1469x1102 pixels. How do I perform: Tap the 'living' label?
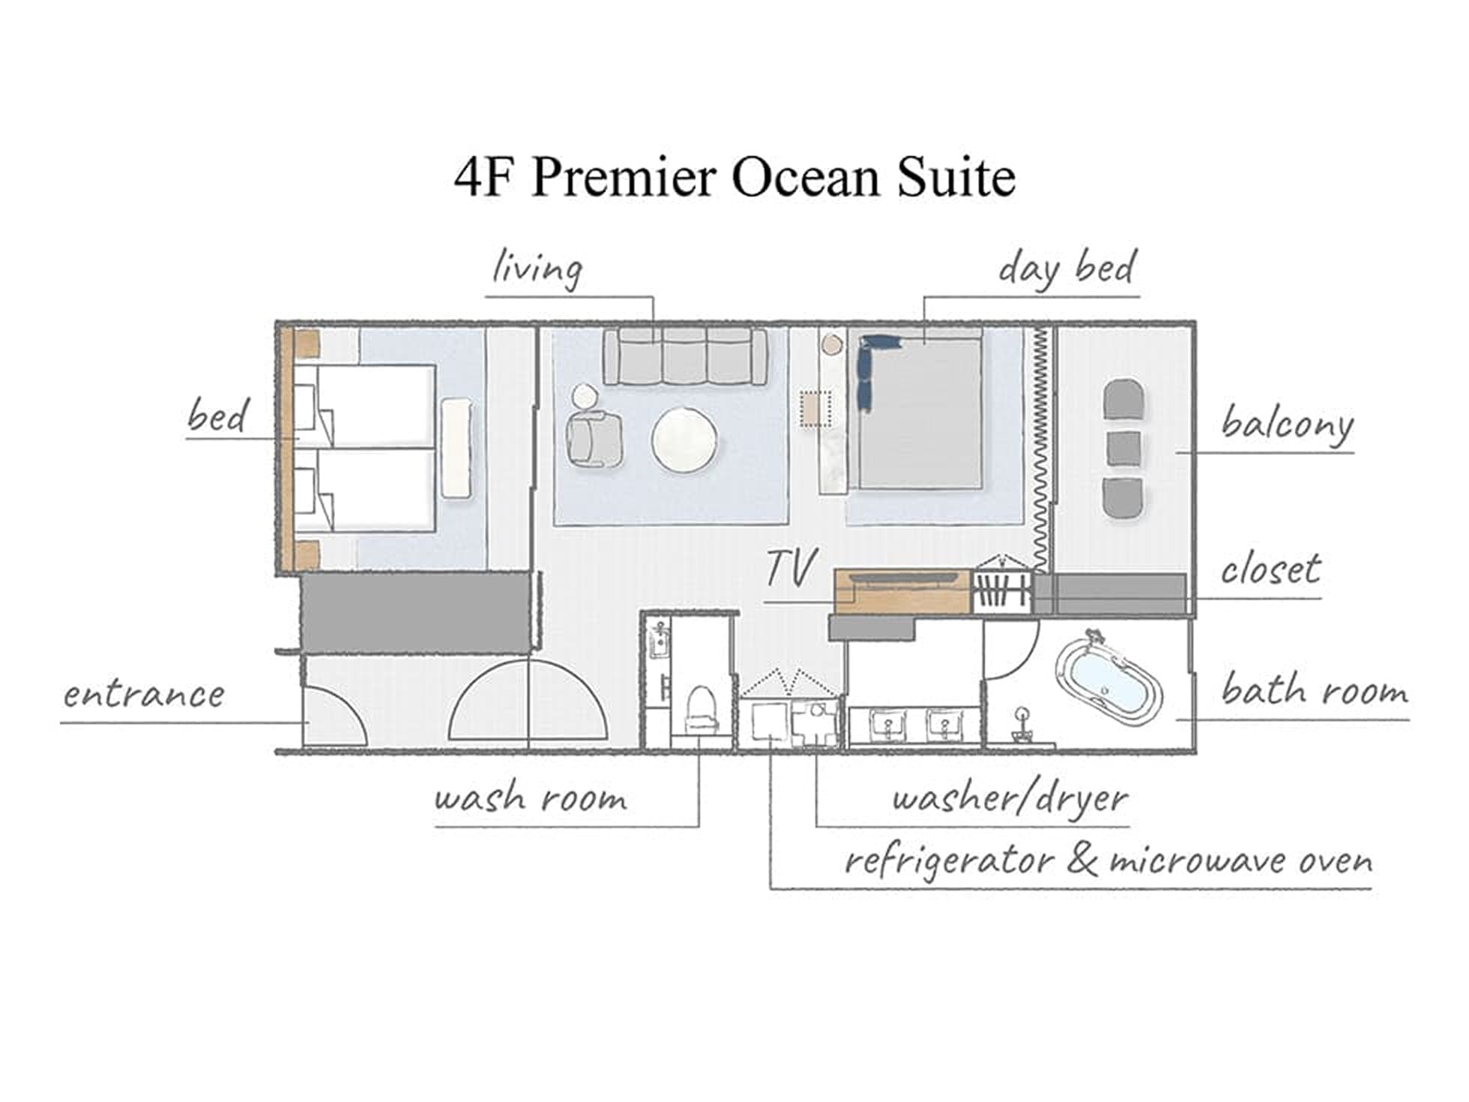pos(537,268)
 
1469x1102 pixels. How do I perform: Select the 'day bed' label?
pos(1067,268)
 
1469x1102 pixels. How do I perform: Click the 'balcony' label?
pos(1287,424)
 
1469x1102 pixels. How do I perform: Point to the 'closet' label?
pos(1270,570)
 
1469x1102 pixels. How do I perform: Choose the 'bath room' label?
pos(1315,690)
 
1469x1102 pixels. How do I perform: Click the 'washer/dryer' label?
pos(1010,798)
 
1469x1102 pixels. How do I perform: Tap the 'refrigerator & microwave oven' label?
pos(1108,861)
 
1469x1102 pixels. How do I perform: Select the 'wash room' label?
pos(531,798)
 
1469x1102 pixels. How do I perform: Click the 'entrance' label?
pos(143,695)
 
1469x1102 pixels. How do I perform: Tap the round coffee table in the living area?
pos(684,440)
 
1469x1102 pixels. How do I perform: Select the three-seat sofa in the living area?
pos(685,357)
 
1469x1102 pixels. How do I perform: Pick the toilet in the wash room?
pos(702,709)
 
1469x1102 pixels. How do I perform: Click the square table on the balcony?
pos(1124,448)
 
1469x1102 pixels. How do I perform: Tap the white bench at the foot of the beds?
pos(456,448)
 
